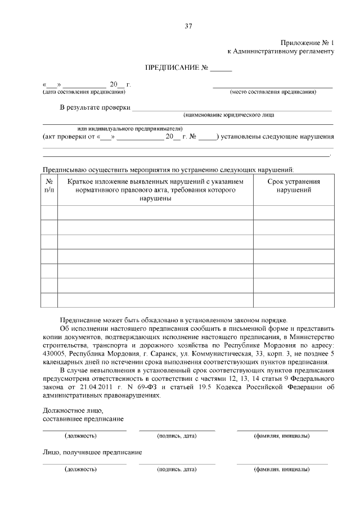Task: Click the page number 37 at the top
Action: (188, 26)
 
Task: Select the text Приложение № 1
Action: (307, 43)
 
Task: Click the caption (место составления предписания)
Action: (273, 92)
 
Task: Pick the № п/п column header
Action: (49, 186)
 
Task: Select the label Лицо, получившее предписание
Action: (92, 452)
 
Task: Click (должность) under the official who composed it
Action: (80, 436)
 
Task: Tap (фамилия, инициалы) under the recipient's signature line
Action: (281, 469)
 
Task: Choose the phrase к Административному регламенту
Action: (281, 51)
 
